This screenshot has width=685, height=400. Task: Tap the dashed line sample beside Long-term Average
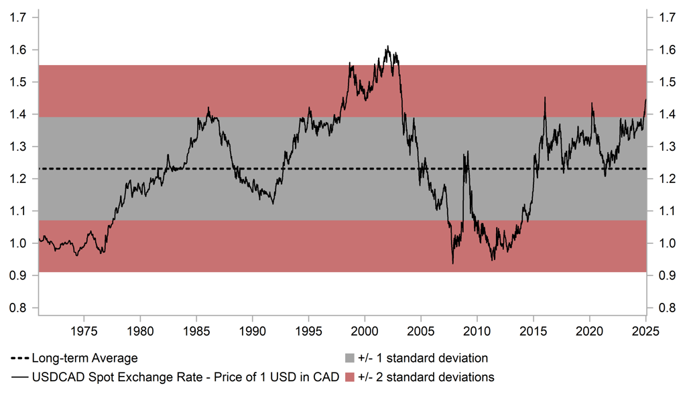tap(20, 358)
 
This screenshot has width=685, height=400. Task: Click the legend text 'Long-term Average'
tap(84, 358)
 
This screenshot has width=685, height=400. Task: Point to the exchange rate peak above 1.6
tap(387, 47)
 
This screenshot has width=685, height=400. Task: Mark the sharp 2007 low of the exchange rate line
tap(452, 263)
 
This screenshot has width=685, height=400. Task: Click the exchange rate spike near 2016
tap(544, 98)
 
